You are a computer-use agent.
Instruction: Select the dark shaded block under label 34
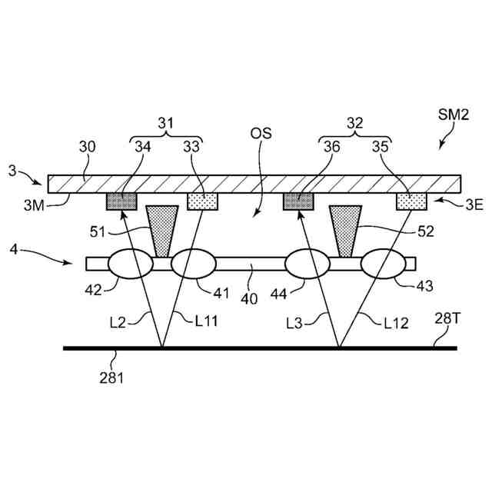click(121, 201)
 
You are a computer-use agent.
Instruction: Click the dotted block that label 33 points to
click(204, 201)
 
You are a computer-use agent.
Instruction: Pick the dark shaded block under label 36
click(299, 201)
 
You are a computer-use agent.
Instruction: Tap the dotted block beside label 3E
click(411, 201)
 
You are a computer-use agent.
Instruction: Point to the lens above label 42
click(131, 264)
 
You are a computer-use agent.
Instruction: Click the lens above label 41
click(193, 264)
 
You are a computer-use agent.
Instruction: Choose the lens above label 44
click(307, 264)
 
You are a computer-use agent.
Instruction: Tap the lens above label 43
click(384, 264)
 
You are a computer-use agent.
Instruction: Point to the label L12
click(396, 324)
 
